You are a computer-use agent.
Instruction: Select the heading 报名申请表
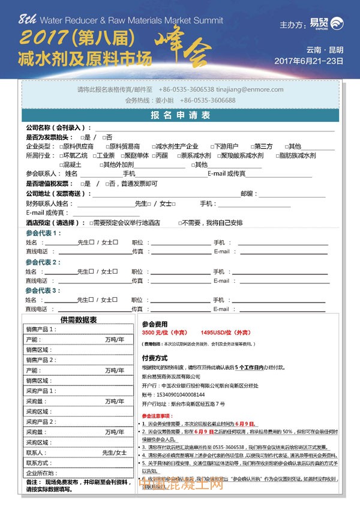coord(180,115)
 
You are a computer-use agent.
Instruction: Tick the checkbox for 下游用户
coord(211,146)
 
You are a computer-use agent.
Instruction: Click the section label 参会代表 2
coord(43,262)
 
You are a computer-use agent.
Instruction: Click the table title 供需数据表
coord(79,320)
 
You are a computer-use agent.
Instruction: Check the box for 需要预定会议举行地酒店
coord(91,223)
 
